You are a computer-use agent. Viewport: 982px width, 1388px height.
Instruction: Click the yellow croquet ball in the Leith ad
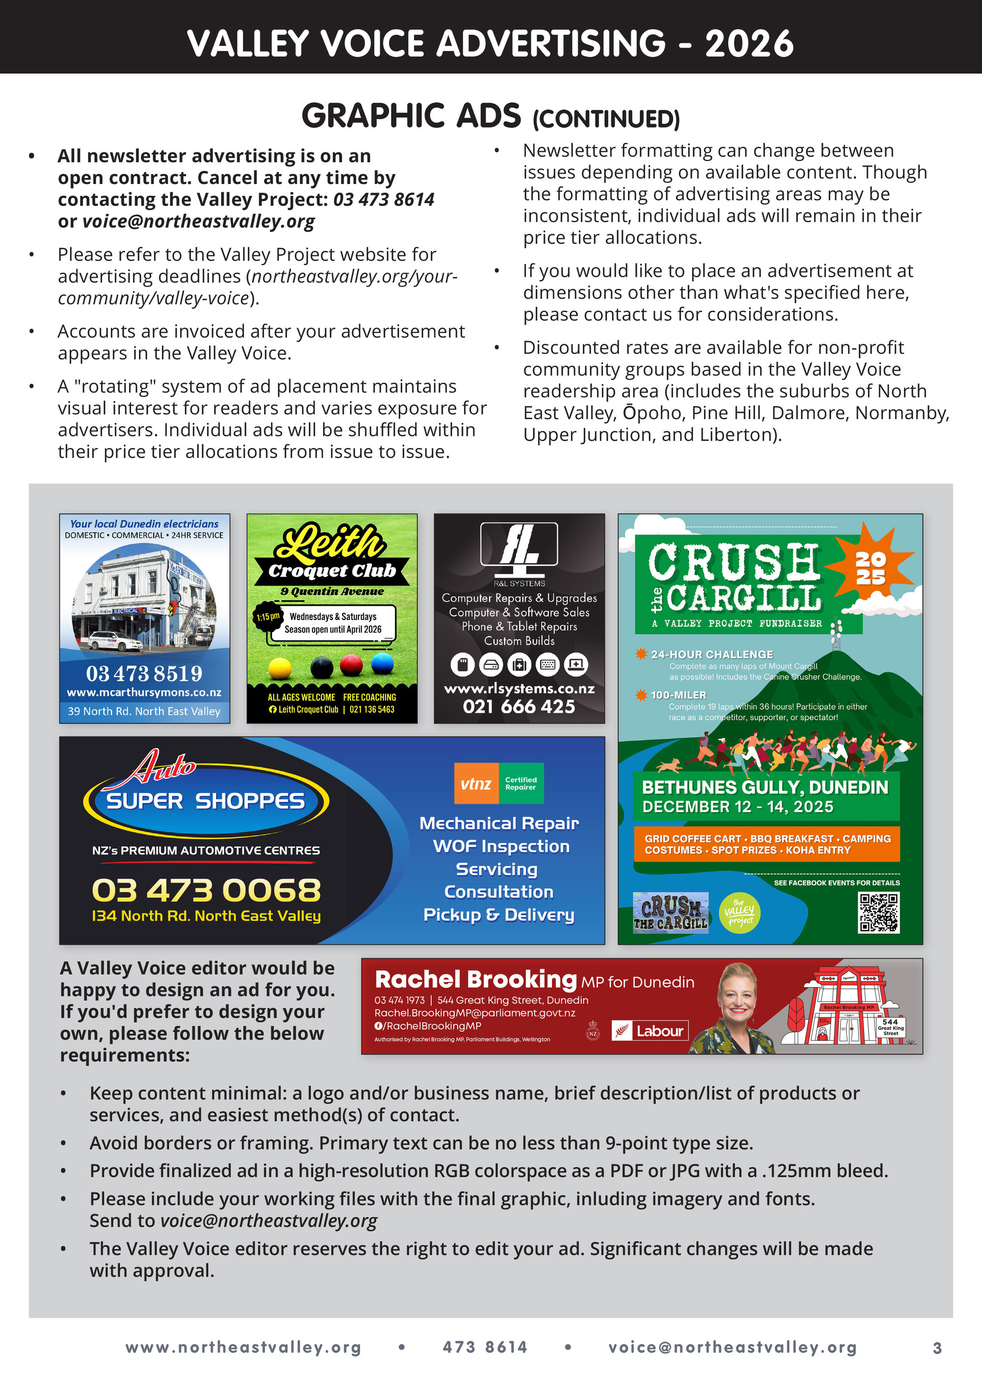(279, 668)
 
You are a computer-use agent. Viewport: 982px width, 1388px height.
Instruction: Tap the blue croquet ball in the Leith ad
(382, 664)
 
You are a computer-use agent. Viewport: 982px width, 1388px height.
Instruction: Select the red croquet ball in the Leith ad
(352, 665)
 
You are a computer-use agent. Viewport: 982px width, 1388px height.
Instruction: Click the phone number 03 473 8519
(144, 673)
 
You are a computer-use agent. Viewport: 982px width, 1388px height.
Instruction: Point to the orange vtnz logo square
(476, 783)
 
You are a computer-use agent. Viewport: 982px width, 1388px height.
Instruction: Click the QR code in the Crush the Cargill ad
(878, 913)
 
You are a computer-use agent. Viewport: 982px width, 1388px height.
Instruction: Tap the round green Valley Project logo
(739, 912)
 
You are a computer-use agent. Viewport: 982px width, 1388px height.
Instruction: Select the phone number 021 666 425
(519, 706)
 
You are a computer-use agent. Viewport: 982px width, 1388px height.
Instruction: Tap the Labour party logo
(650, 1031)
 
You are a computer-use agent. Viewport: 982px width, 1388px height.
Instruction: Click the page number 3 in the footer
(937, 1348)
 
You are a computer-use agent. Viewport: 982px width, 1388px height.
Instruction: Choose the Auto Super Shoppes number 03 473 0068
(206, 890)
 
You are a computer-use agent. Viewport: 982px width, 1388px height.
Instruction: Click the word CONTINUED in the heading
(606, 119)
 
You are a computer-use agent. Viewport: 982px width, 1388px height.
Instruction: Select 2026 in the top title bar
(749, 44)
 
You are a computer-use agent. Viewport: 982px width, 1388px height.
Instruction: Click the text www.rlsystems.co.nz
(519, 689)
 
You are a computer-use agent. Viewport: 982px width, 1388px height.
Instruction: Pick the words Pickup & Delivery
(498, 915)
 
